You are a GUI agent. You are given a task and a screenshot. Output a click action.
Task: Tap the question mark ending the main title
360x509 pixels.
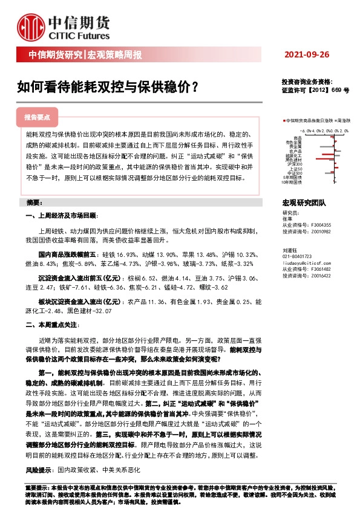click(x=194, y=86)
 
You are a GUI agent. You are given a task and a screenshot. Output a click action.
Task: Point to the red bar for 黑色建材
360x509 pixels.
click(x=317, y=158)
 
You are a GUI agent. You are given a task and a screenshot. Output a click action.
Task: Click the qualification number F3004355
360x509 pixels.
click(x=322, y=224)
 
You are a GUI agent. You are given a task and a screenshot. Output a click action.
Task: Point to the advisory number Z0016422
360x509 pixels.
click(x=322, y=275)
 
